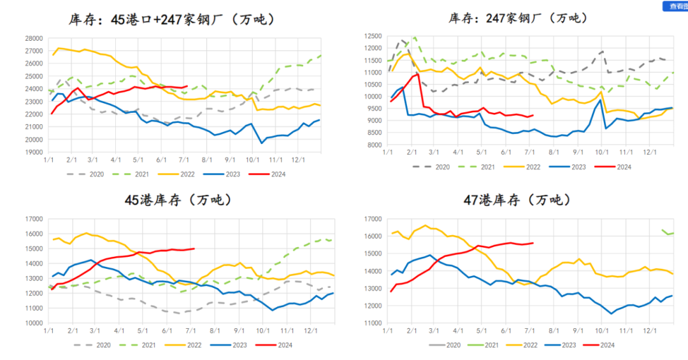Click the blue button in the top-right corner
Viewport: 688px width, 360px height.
pos(675,6)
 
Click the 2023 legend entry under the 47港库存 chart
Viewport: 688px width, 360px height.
pos(568,345)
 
